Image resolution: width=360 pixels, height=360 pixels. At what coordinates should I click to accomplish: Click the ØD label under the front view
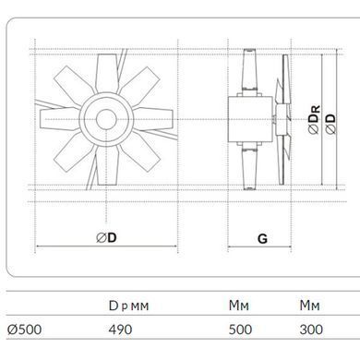106,237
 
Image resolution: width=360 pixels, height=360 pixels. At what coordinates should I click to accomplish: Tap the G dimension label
262,239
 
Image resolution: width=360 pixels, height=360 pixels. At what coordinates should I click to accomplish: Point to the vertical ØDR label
314,119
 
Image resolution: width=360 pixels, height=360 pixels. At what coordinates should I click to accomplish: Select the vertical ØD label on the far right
330,124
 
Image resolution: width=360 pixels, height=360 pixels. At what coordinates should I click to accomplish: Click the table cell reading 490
120,330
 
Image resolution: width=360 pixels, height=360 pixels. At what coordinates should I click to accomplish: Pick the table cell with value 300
311,330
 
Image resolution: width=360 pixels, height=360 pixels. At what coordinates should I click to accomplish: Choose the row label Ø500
24,330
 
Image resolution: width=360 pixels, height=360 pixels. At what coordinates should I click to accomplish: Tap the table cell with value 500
240,330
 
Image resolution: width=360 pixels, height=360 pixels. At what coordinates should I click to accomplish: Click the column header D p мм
128,306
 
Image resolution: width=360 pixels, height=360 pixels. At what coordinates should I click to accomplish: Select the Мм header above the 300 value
310,306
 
